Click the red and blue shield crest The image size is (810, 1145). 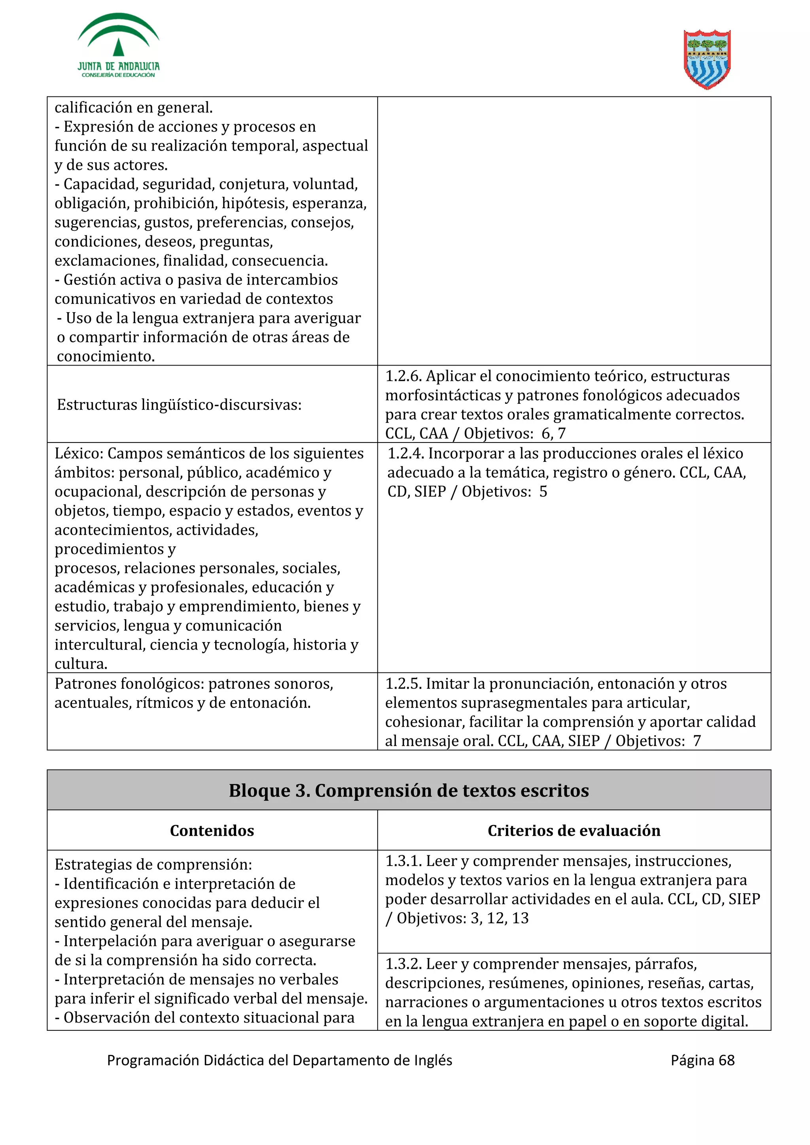pyautogui.click(x=707, y=59)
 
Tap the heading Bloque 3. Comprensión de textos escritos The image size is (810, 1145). pyautogui.click(x=408, y=791)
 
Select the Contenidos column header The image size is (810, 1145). pyautogui.click(x=212, y=831)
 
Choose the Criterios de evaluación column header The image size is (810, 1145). pyautogui.click(x=573, y=831)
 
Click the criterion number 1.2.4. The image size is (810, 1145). pyautogui.click(x=406, y=453)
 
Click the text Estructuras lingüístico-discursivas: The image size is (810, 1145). pyautogui.click(x=179, y=405)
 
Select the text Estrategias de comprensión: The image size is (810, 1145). pyautogui.click(x=153, y=864)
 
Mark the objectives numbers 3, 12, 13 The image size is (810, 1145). pyautogui.click(x=499, y=918)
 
